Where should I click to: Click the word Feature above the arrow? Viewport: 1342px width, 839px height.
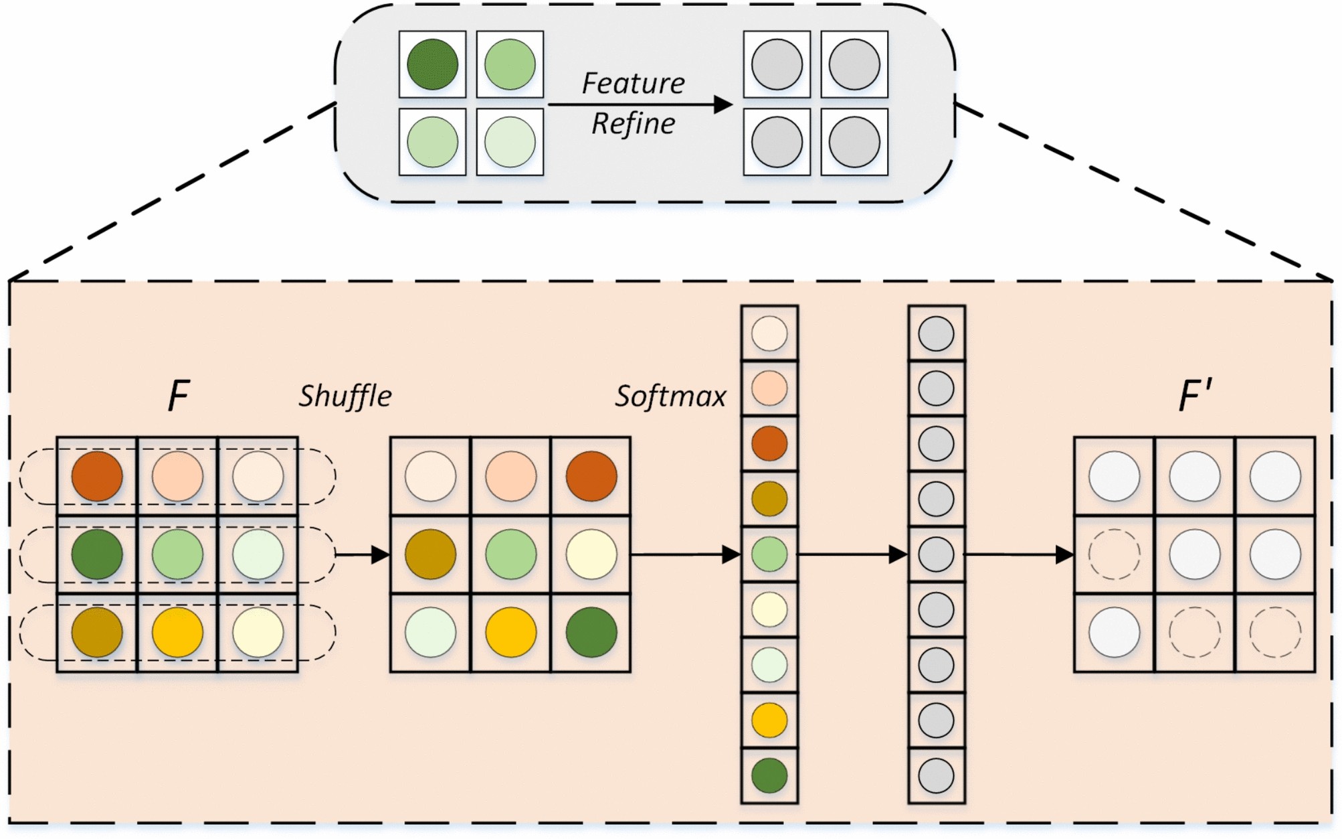633,84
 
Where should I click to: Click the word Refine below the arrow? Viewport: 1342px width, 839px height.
633,124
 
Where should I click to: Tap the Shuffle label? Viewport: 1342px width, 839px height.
345,396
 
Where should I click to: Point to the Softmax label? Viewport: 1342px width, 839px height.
670,396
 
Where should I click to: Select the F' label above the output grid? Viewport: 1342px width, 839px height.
1195,395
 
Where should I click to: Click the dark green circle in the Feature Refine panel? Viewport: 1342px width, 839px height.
432,64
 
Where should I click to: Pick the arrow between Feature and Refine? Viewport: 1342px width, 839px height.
640,104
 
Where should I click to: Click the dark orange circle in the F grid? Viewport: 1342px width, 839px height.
97,476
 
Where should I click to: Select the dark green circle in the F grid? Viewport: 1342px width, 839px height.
97,554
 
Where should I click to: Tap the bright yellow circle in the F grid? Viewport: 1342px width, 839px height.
177,632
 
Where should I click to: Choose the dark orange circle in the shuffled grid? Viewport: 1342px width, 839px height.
591,476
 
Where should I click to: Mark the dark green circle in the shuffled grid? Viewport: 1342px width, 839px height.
591,632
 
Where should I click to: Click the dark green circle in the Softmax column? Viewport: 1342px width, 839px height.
769,775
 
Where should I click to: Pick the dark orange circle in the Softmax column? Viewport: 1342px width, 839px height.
769,443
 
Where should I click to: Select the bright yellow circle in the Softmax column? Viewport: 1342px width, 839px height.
769,720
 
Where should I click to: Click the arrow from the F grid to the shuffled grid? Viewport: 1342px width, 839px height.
362,554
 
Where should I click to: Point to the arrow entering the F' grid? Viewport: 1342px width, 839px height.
1018,554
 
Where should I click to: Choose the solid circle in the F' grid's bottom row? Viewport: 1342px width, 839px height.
1115,632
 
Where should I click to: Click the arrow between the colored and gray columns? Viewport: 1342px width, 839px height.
853,554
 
